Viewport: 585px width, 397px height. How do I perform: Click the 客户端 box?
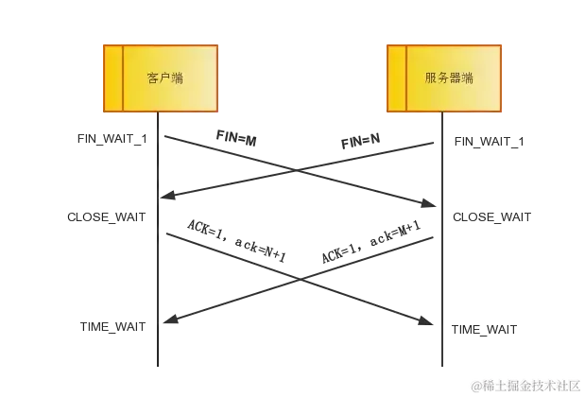(x=165, y=78)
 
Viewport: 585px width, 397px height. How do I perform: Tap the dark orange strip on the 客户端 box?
(x=112, y=78)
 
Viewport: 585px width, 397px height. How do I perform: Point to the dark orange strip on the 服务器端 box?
(x=397, y=78)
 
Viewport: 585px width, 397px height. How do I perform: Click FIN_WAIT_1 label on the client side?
(x=112, y=138)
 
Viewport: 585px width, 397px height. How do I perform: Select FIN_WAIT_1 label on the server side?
(x=492, y=142)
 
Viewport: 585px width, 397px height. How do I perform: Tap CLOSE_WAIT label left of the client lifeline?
(x=105, y=218)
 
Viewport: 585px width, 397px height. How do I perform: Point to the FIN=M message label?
(x=236, y=139)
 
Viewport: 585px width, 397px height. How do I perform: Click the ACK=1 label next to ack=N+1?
(x=200, y=229)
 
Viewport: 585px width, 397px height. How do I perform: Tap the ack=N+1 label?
(x=257, y=250)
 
